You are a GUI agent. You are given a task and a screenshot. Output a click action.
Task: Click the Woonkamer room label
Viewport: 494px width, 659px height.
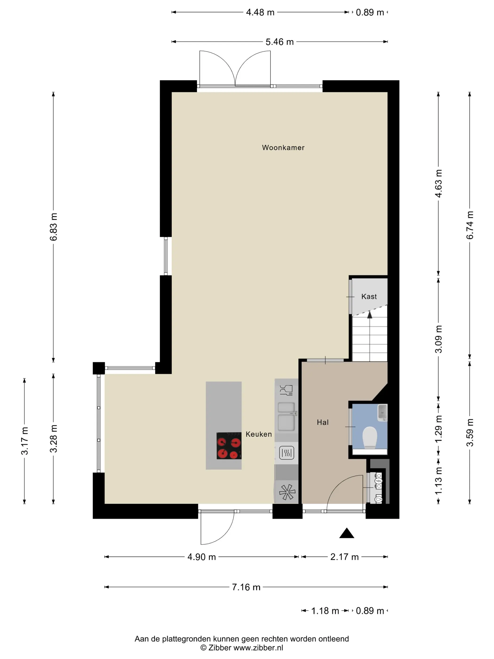283,148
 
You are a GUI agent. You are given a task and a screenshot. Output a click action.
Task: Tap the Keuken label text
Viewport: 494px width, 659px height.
259,434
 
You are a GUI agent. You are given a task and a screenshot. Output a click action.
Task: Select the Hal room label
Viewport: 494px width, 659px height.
323,422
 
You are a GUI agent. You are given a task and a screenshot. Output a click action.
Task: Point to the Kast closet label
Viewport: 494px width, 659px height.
369,296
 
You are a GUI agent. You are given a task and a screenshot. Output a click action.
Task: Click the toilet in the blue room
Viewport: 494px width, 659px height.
370,437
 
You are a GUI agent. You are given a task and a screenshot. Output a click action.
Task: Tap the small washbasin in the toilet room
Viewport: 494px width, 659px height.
382,413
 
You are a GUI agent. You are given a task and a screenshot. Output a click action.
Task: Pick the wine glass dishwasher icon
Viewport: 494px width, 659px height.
286,390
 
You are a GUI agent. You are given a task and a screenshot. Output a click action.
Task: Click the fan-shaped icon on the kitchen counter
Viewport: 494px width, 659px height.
287,492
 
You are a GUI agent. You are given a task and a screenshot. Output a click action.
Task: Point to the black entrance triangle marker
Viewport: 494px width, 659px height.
347,533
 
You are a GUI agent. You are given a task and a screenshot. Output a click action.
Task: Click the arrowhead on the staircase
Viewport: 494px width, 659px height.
370,314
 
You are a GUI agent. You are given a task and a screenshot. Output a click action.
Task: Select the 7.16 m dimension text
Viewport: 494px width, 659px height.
246,587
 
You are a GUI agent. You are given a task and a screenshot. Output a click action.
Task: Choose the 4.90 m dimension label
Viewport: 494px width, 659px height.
202,557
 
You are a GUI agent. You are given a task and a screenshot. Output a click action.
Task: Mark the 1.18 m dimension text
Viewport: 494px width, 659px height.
325,611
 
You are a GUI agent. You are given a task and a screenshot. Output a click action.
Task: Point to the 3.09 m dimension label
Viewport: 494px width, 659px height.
438,339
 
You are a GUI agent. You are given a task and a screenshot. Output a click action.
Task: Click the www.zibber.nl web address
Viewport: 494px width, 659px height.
258,648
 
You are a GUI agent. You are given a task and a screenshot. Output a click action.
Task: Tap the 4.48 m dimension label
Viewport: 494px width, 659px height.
260,12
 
